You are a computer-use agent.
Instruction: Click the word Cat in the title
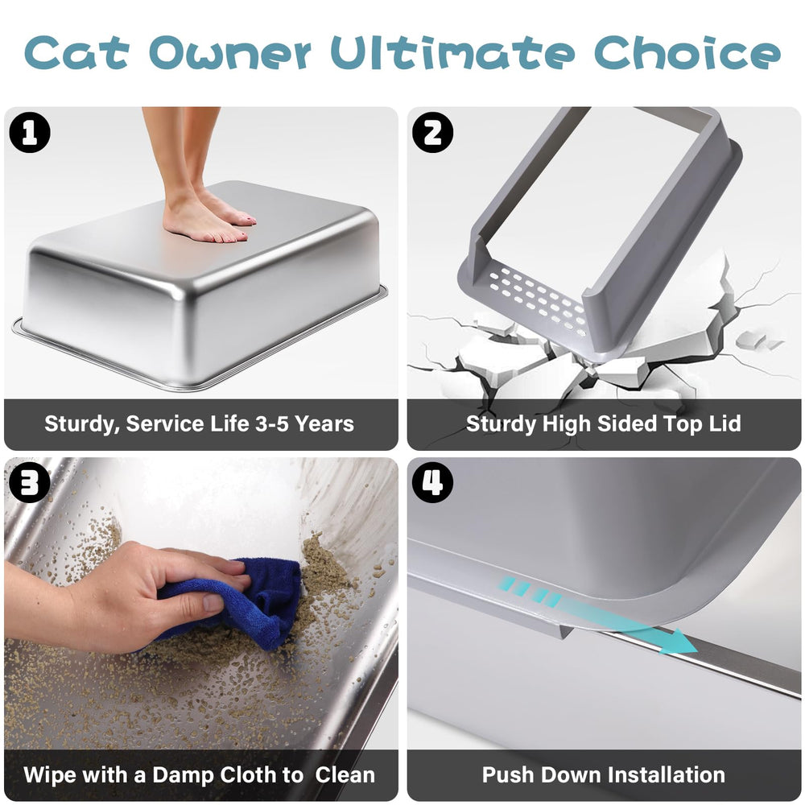(78, 53)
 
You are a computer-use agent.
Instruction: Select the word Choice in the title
(687, 53)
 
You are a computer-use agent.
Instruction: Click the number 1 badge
(30, 133)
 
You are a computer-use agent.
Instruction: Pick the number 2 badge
(432, 133)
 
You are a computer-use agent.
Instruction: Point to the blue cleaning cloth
(242, 600)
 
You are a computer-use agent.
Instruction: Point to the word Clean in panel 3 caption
(345, 775)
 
